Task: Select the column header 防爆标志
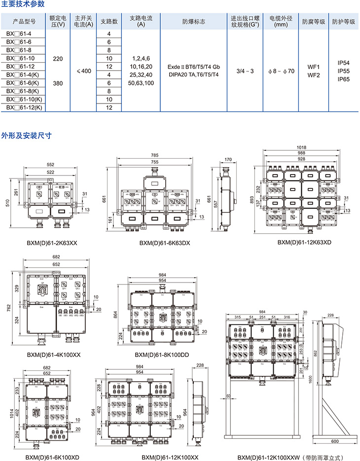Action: (193, 22)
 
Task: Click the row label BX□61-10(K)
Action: (25, 100)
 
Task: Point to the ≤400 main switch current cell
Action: (84, 71)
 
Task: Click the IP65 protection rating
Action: (343, 79)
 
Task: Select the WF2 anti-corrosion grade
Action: (314, 75)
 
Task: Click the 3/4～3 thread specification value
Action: (245, 71)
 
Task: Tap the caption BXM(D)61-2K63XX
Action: (52, 243)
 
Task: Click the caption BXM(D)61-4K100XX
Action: (54, 355)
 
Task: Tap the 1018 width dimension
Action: (302, 147)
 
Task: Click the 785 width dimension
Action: (155, 156)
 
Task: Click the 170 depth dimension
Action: (227, 160)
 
